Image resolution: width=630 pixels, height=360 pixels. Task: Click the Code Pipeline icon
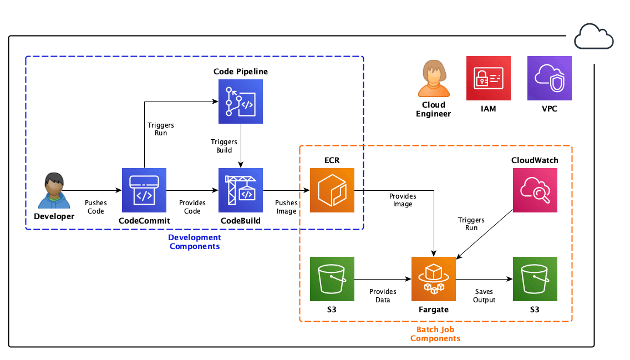[241, 101]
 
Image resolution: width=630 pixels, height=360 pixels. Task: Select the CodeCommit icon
[144, 190]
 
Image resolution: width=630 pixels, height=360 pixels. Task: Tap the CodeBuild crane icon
[241, 190]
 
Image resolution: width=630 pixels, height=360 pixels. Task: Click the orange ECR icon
[332, 190]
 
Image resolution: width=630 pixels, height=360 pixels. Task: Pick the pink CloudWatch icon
[535, 190]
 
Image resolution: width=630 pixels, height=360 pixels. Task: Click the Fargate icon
[433, 279]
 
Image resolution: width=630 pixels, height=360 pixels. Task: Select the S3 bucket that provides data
[332, 279]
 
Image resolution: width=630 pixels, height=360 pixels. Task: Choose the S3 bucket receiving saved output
[535, 279]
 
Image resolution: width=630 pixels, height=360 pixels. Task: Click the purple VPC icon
[549, 78]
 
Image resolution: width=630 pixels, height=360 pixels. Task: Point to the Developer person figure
[54, 191]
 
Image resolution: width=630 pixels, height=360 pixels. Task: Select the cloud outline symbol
[593, 38]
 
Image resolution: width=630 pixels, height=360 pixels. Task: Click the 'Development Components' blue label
[195, 242]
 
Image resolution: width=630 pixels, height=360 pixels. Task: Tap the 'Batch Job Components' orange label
[435, 334]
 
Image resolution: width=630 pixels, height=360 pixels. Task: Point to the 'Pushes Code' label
[95, 207]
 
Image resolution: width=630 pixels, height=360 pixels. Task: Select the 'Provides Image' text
[403, 200]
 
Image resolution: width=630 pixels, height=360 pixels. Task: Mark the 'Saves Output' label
[484, 296]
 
